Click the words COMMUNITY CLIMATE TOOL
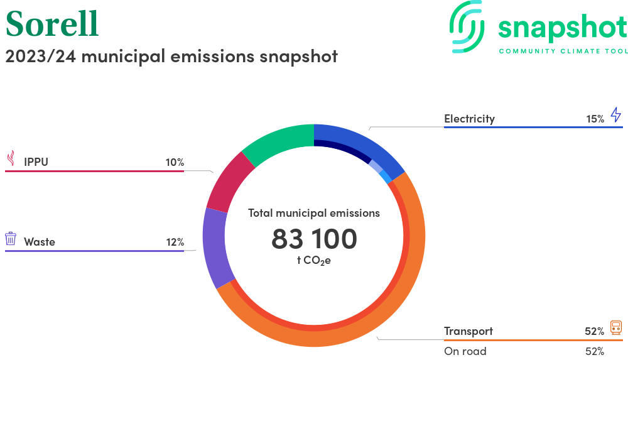point(563,51)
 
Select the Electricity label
point(469,119)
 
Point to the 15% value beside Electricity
point(595,119)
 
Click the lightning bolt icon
point(616,115)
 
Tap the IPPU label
point(36,162)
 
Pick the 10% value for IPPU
point(175,162)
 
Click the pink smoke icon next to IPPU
point(11,158)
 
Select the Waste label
point(40,242)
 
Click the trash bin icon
point(11,239)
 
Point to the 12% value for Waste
point(175,242)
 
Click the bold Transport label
point(468,331)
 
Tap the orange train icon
point(616,327)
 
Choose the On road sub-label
point(465,351)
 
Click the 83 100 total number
point(314,239)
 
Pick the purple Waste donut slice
point(215,248)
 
